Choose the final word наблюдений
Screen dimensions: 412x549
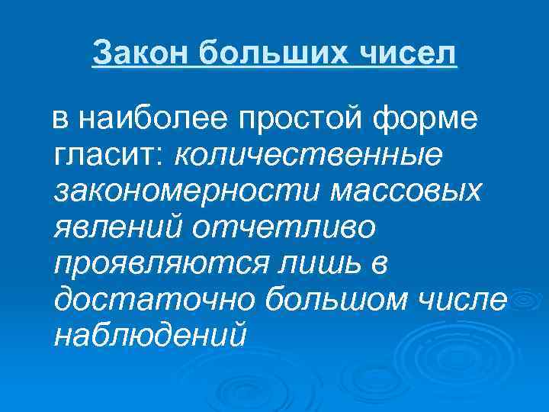pos(151,336)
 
